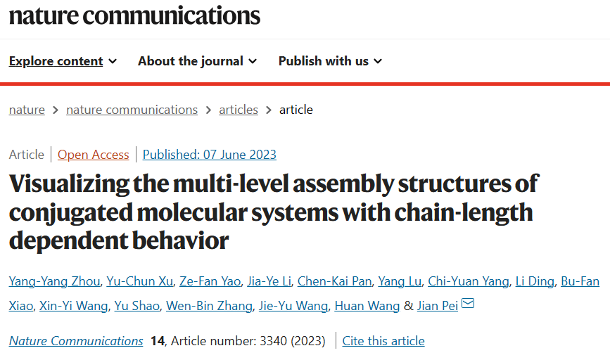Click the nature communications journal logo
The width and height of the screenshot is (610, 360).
(x=134, y=15)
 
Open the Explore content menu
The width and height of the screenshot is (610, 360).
(x=63, y=61)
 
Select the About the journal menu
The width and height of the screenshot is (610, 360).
(x=197, y=61)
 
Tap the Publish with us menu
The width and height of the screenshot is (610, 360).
(x=330, y=61)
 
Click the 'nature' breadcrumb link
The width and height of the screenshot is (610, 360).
(x=27, y=110)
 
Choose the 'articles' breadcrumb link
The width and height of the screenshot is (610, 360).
(x=239, y=110)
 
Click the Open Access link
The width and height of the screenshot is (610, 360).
(x=94, y=155)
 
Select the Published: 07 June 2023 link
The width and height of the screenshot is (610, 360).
(x=210, y=155)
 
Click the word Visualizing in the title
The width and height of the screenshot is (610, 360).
(x=69, y=184)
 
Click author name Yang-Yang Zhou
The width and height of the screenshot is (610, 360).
(x=54, y=281)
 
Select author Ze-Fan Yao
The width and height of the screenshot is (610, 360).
(x=210, y=281)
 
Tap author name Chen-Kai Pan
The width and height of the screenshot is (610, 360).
(x=335, y=281)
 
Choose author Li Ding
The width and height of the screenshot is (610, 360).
(x=535, y=281)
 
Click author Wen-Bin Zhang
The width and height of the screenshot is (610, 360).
(x=209, y=306)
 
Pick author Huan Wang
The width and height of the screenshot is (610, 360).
(x=367, y=306)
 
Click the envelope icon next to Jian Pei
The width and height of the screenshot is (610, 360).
(x=468, y=303)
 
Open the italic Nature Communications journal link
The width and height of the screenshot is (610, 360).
(x=76, y=341)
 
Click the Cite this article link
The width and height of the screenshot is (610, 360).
(x=383, y=341)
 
